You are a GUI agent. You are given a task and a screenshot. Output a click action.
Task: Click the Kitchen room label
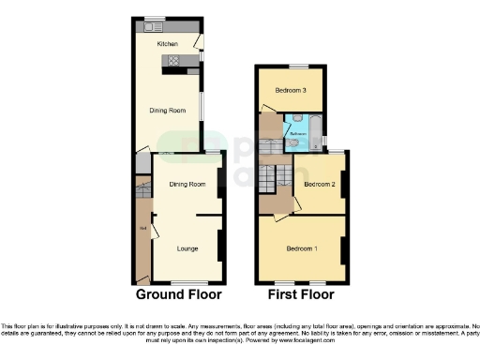(x=168, y=43)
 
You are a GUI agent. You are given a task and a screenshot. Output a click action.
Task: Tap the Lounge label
(x=187, y=247)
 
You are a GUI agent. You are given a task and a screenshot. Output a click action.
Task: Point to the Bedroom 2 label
(x=321, y=184)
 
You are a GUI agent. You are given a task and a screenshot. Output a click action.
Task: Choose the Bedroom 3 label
(x=292, y=90)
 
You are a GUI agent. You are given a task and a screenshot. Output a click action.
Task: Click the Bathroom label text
(x=298, y=134)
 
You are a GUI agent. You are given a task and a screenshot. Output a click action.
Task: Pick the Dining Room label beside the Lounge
(x=187, y=184)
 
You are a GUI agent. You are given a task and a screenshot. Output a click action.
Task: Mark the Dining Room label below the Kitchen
(x=168, y=110)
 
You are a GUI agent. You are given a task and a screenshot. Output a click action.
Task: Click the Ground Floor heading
(x=179, y=293)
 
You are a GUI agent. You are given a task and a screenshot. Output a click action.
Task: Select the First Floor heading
(x=301, y=293)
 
